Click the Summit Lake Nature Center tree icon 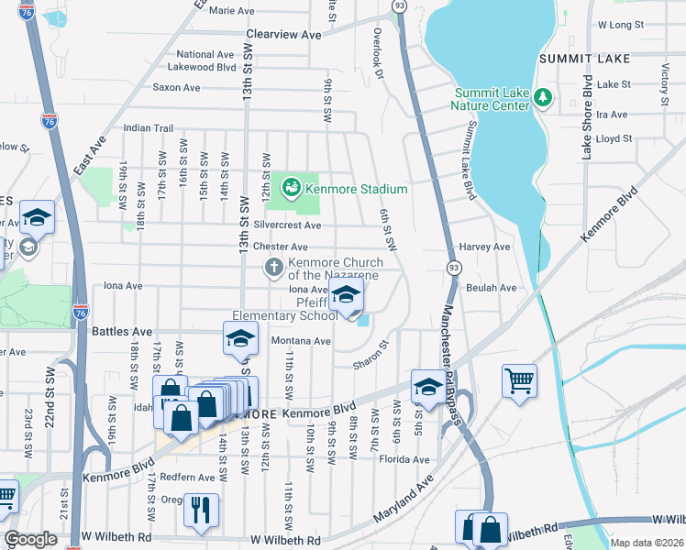pos(542,96)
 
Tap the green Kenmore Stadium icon pos(292,188)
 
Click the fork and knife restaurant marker pos(201,509)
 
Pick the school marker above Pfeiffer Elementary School pos(346,296)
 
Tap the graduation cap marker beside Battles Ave pos(240,338)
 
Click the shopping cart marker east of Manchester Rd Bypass pos(519,379)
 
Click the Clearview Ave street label pos(283,34)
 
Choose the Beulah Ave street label pos(492,287)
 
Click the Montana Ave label pos(300,341)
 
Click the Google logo pos(31,539)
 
